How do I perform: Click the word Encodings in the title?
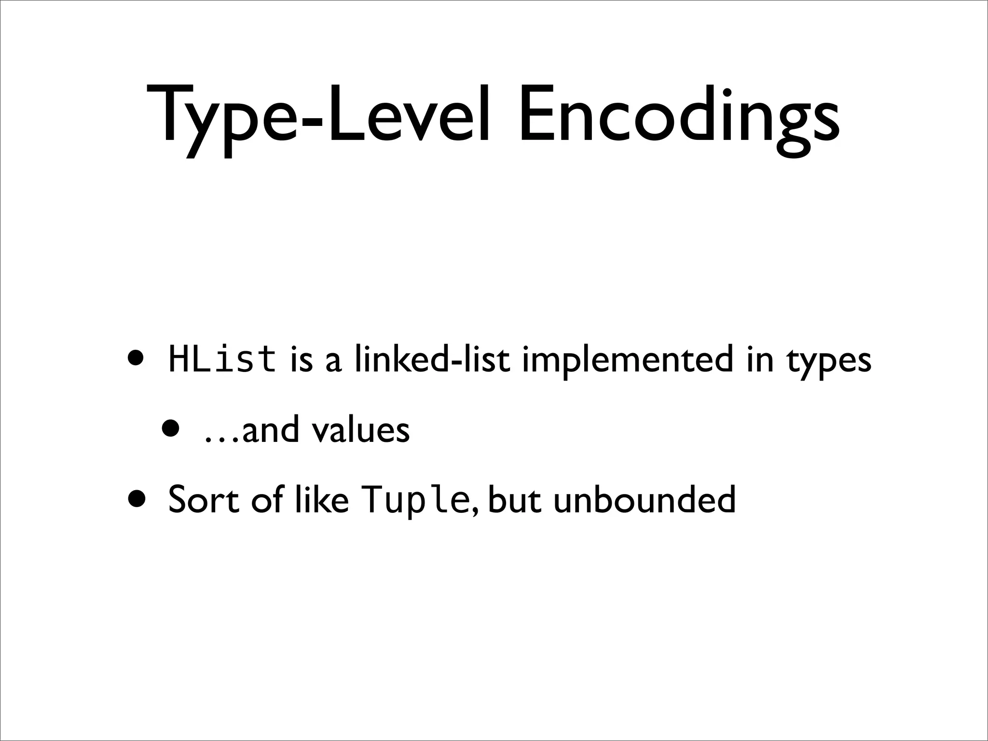[679, 116]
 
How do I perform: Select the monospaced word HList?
[222, 360]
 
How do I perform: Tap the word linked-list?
[432, 360]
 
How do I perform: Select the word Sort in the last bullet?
[203, 500]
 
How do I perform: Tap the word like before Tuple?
[321, 500]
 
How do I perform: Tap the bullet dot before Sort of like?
[136, 498]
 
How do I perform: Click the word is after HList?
[302, 360]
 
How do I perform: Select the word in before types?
[759, 360]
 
